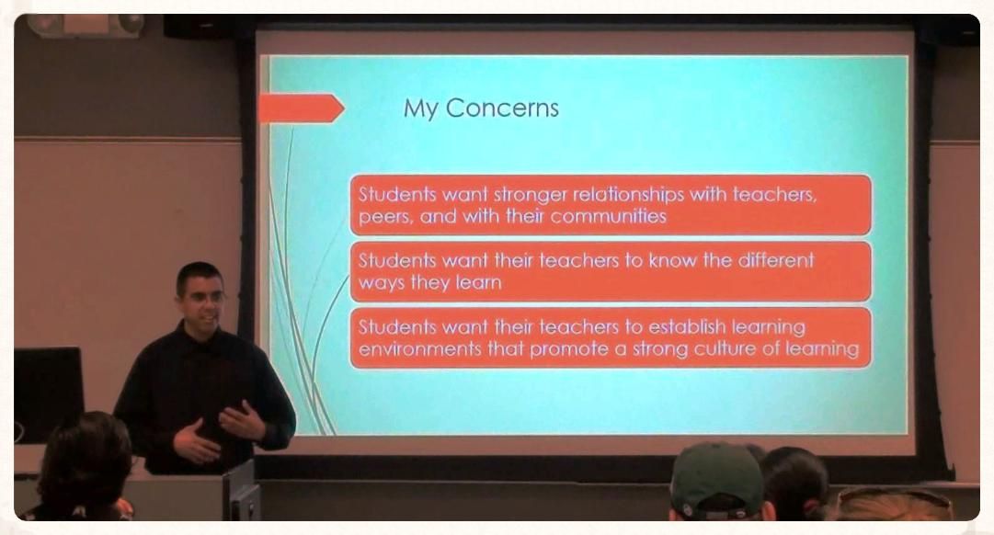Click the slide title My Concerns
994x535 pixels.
click(x=481, y=108)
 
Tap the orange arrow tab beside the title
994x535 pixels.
click(x=301, y=108)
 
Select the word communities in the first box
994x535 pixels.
click(x=608, y=216)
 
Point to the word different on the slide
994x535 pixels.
click(x=775, y=260)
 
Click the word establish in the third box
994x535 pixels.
click(x=687, y=326)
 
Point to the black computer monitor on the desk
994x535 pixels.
click(x=49, y=394)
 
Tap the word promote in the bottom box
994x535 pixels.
click(x=568, y=349)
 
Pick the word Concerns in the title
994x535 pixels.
click(x=502, y=108)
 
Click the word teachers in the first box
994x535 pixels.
click(x=775, y=194)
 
